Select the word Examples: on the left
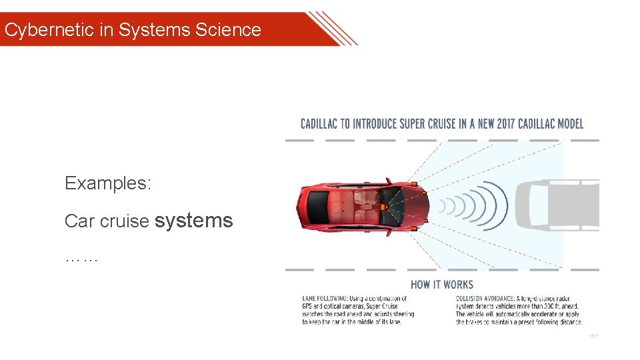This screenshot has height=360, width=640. tap(108, 183)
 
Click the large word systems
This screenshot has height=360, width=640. tap(193, 220)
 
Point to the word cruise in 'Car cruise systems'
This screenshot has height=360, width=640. tap(127, 221)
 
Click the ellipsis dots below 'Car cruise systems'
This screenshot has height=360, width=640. tap(81, 258)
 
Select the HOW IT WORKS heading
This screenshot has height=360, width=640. tap(442, 285)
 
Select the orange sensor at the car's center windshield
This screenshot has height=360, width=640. tap(384, 206)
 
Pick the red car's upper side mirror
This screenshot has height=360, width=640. tap(387, 180)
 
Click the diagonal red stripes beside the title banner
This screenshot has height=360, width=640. tap(333, 28)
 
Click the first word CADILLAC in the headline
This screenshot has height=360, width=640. tap(325, 124)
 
